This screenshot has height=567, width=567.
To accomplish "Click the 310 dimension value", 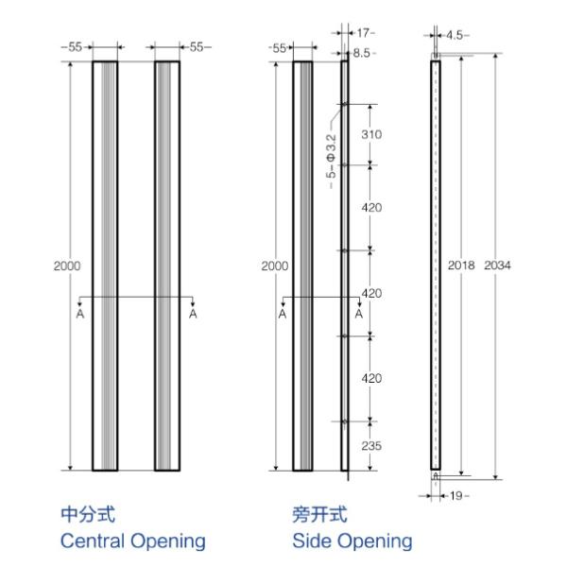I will [371, 134].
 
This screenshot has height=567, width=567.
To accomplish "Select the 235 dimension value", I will [371, 446].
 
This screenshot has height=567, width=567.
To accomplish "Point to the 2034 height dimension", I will [497, 266].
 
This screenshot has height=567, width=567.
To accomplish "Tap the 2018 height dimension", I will [460, 266].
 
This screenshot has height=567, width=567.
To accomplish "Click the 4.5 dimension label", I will [457, 35].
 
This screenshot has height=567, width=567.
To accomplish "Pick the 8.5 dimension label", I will [362, 53].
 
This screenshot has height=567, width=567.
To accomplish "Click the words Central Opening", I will [132, 541].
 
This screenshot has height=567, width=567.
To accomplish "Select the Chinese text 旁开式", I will [319, 515].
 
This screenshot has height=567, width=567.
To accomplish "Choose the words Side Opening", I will [352, 541].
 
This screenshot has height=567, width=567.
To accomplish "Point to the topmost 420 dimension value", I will [371, 207].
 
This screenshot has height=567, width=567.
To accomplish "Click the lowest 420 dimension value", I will [371, 378].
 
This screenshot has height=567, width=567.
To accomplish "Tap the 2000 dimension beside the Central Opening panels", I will [66, 266].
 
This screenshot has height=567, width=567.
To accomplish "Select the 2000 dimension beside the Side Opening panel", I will [274, 266].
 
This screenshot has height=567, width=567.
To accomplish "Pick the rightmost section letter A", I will [359, 313].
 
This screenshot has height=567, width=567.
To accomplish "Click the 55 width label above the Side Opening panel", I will [278, 46].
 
